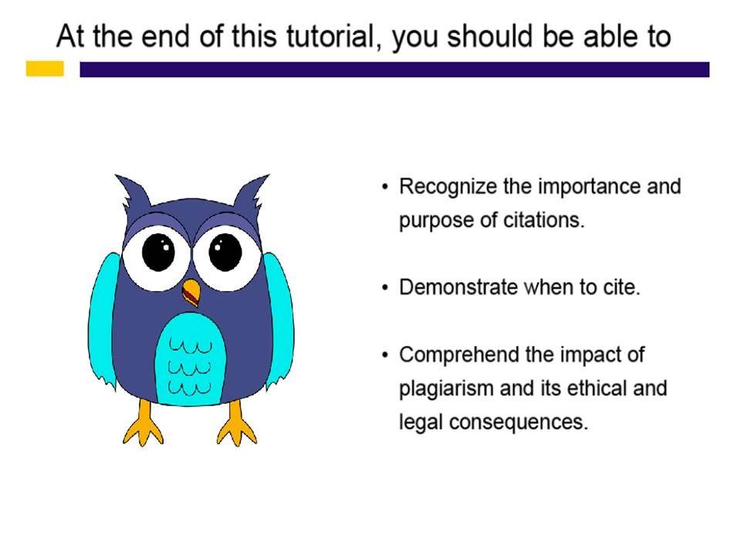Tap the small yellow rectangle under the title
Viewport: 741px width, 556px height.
coord(45,69)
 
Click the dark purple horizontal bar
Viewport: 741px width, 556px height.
coord(394,69)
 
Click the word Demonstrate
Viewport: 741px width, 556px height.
coord(458,287)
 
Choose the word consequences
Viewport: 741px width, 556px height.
coord(519,422)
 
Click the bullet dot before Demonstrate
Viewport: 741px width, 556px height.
coord(386,287)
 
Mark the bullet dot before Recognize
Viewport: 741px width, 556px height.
coord(386,187)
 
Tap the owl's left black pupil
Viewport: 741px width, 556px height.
coord(159,252)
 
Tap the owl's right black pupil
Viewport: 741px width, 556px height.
coord(225,252)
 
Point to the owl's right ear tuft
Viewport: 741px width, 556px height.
coord(251,192)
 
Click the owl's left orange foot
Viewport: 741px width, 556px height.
coord(144,423)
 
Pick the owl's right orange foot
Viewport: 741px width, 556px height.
coord(237,423)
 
